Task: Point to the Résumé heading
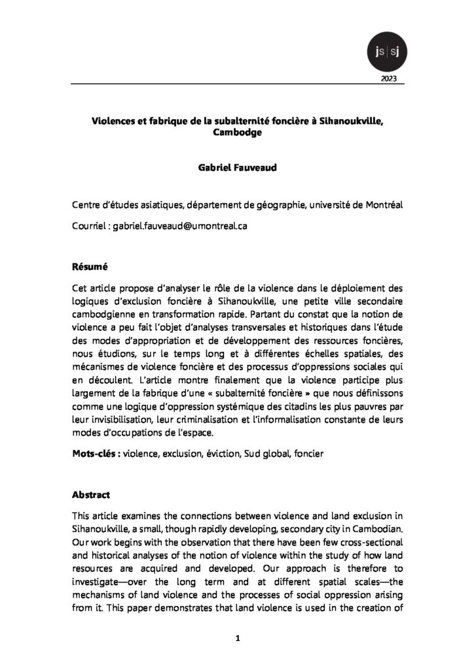click(x=90, y=267)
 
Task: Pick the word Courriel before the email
click(x=90, y=225)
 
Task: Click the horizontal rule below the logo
click(x=236, y=85)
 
